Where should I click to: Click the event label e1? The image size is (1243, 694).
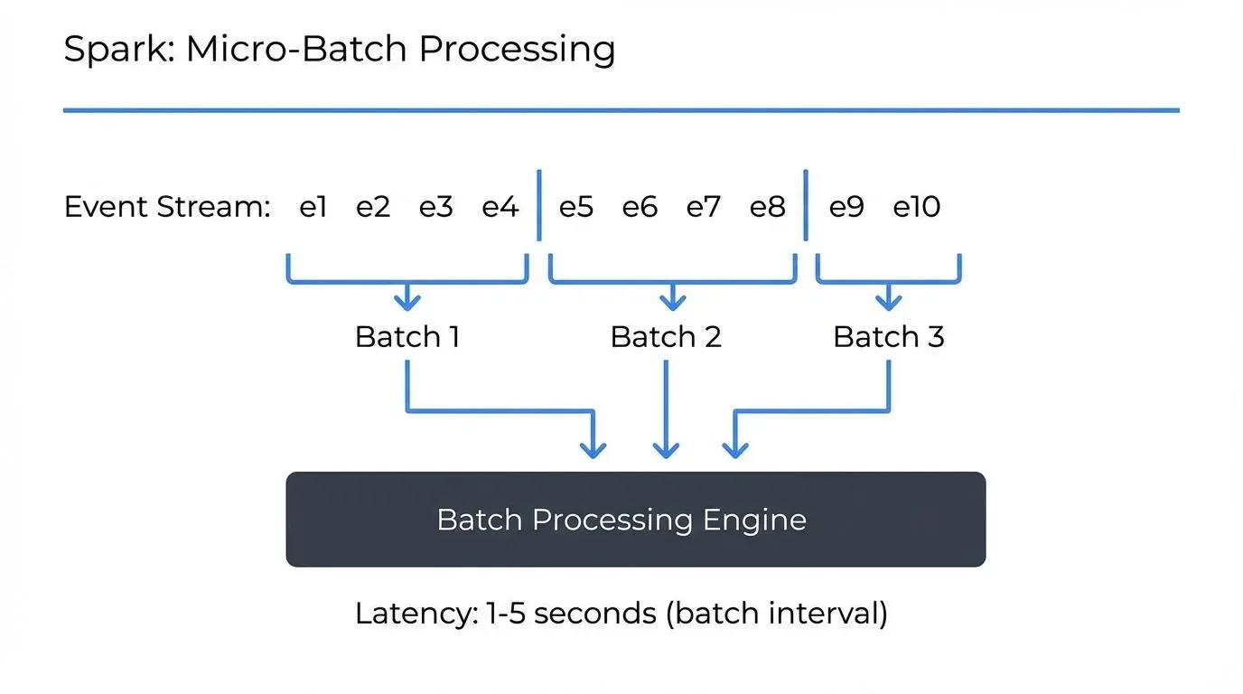(x=312, y=208)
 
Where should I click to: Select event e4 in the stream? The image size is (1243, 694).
(x=500, y=208)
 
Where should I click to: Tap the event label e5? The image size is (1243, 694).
(x=575, y=208)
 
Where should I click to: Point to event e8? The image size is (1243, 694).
(x=767, y=208)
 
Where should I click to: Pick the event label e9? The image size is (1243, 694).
(x=846, y=208)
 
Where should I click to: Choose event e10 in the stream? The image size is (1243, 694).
(x=916, y=208)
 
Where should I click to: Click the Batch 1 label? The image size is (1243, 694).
(x=407, y=337)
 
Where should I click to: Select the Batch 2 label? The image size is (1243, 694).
(x=666, y=337)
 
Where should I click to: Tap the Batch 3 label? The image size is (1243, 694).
(x=888, y=337)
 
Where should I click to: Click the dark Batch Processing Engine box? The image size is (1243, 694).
(x=635, y=520)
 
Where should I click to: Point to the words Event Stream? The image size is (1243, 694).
(x=167, y=208)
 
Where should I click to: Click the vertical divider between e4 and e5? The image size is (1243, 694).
(x=538, y=205)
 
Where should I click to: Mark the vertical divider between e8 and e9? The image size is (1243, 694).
(x=805, y=205)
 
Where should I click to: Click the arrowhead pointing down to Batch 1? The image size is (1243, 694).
(x=407, y=302)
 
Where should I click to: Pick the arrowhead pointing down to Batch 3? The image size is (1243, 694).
(x=888, y=302)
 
